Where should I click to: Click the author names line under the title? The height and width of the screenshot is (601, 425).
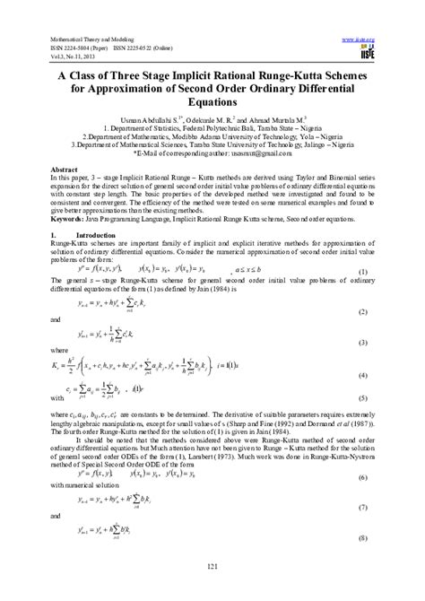[212, 119]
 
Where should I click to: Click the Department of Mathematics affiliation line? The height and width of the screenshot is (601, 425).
[212, 137]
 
